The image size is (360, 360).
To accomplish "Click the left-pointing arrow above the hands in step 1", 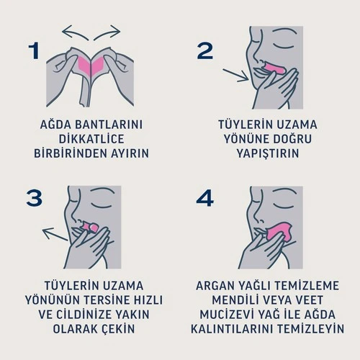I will [x=75, y=31].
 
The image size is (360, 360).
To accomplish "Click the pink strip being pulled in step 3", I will [x=91, y=228].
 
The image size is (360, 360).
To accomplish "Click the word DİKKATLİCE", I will [x=91, y=139].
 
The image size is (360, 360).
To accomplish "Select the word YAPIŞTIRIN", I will [x=267, y=153].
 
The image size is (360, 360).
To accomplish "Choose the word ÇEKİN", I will [x=117, y=330].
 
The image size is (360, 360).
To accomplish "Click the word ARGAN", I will [x=219, y=284].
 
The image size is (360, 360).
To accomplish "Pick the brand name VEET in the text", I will [x=321, y=300].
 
